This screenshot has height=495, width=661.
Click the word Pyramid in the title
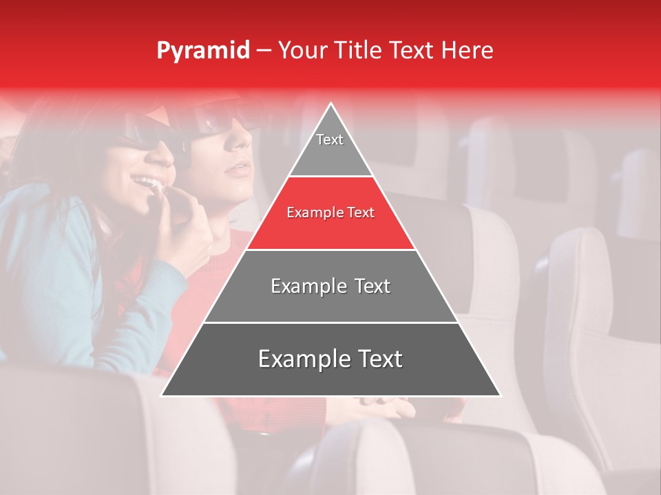[202, 51]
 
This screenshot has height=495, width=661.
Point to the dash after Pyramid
[263, 51]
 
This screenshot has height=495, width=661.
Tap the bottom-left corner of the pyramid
[162, 395]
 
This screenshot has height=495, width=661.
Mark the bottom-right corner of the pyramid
[499, 395]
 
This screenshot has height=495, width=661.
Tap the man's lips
[238, 169]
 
